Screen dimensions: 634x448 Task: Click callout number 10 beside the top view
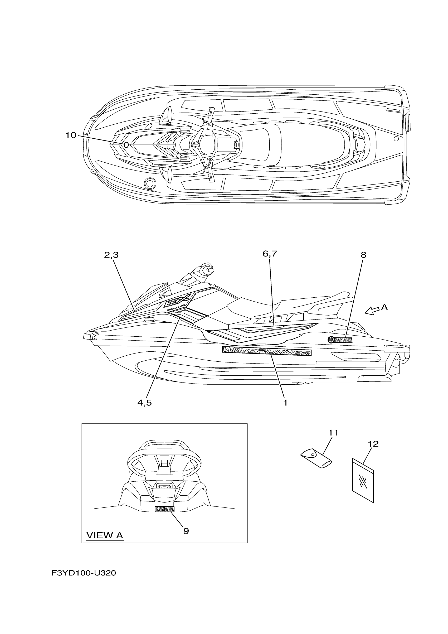tap(71, 135)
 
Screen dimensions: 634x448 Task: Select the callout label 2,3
tap(111, 255)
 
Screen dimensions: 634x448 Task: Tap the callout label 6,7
tap(269, 254)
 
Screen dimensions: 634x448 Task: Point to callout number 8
tap(363, 255)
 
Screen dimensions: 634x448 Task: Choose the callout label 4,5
tap(144, 403)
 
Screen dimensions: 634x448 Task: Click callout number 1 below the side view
tap(285, 403)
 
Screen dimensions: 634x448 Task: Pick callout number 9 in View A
tap(186, 531)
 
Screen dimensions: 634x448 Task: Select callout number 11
tap(333, 433)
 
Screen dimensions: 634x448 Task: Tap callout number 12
tap(373, 444)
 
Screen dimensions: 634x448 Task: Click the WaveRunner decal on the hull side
tap(267, 351)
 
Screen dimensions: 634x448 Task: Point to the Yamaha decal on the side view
tap(340, 340)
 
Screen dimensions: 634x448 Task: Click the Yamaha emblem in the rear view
tap(164, 509)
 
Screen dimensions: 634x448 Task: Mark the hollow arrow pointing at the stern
tap(372, 311)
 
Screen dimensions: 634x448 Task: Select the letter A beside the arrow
tap(384, 307)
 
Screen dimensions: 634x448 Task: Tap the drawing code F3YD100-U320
tap(84, 573)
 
